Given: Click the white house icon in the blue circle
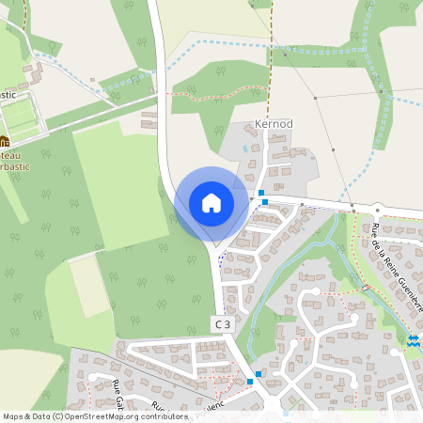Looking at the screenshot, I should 211,203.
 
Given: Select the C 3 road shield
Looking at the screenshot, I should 221,323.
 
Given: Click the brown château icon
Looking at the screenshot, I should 3,143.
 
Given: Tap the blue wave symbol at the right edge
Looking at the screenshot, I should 415,339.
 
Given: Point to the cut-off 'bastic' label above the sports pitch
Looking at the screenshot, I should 8,94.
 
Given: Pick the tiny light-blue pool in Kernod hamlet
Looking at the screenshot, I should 245,148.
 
